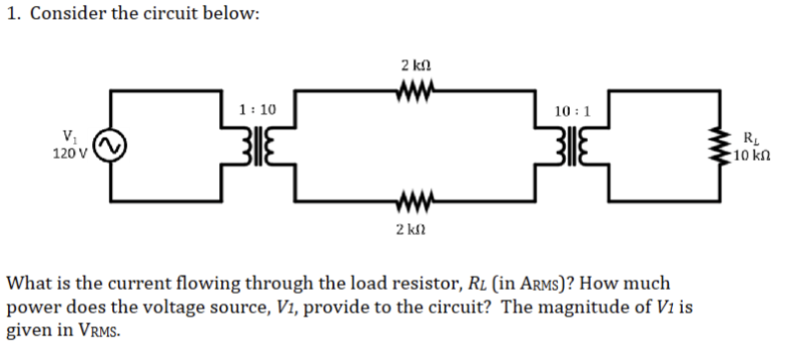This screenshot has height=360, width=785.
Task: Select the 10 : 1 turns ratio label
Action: pyautogui.click(x=575, y=110)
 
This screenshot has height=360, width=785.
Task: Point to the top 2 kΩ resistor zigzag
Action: pyautogui.click(x=414, y=90)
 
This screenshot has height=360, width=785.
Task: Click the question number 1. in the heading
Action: pyautogui.click(x=13, y=17)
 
